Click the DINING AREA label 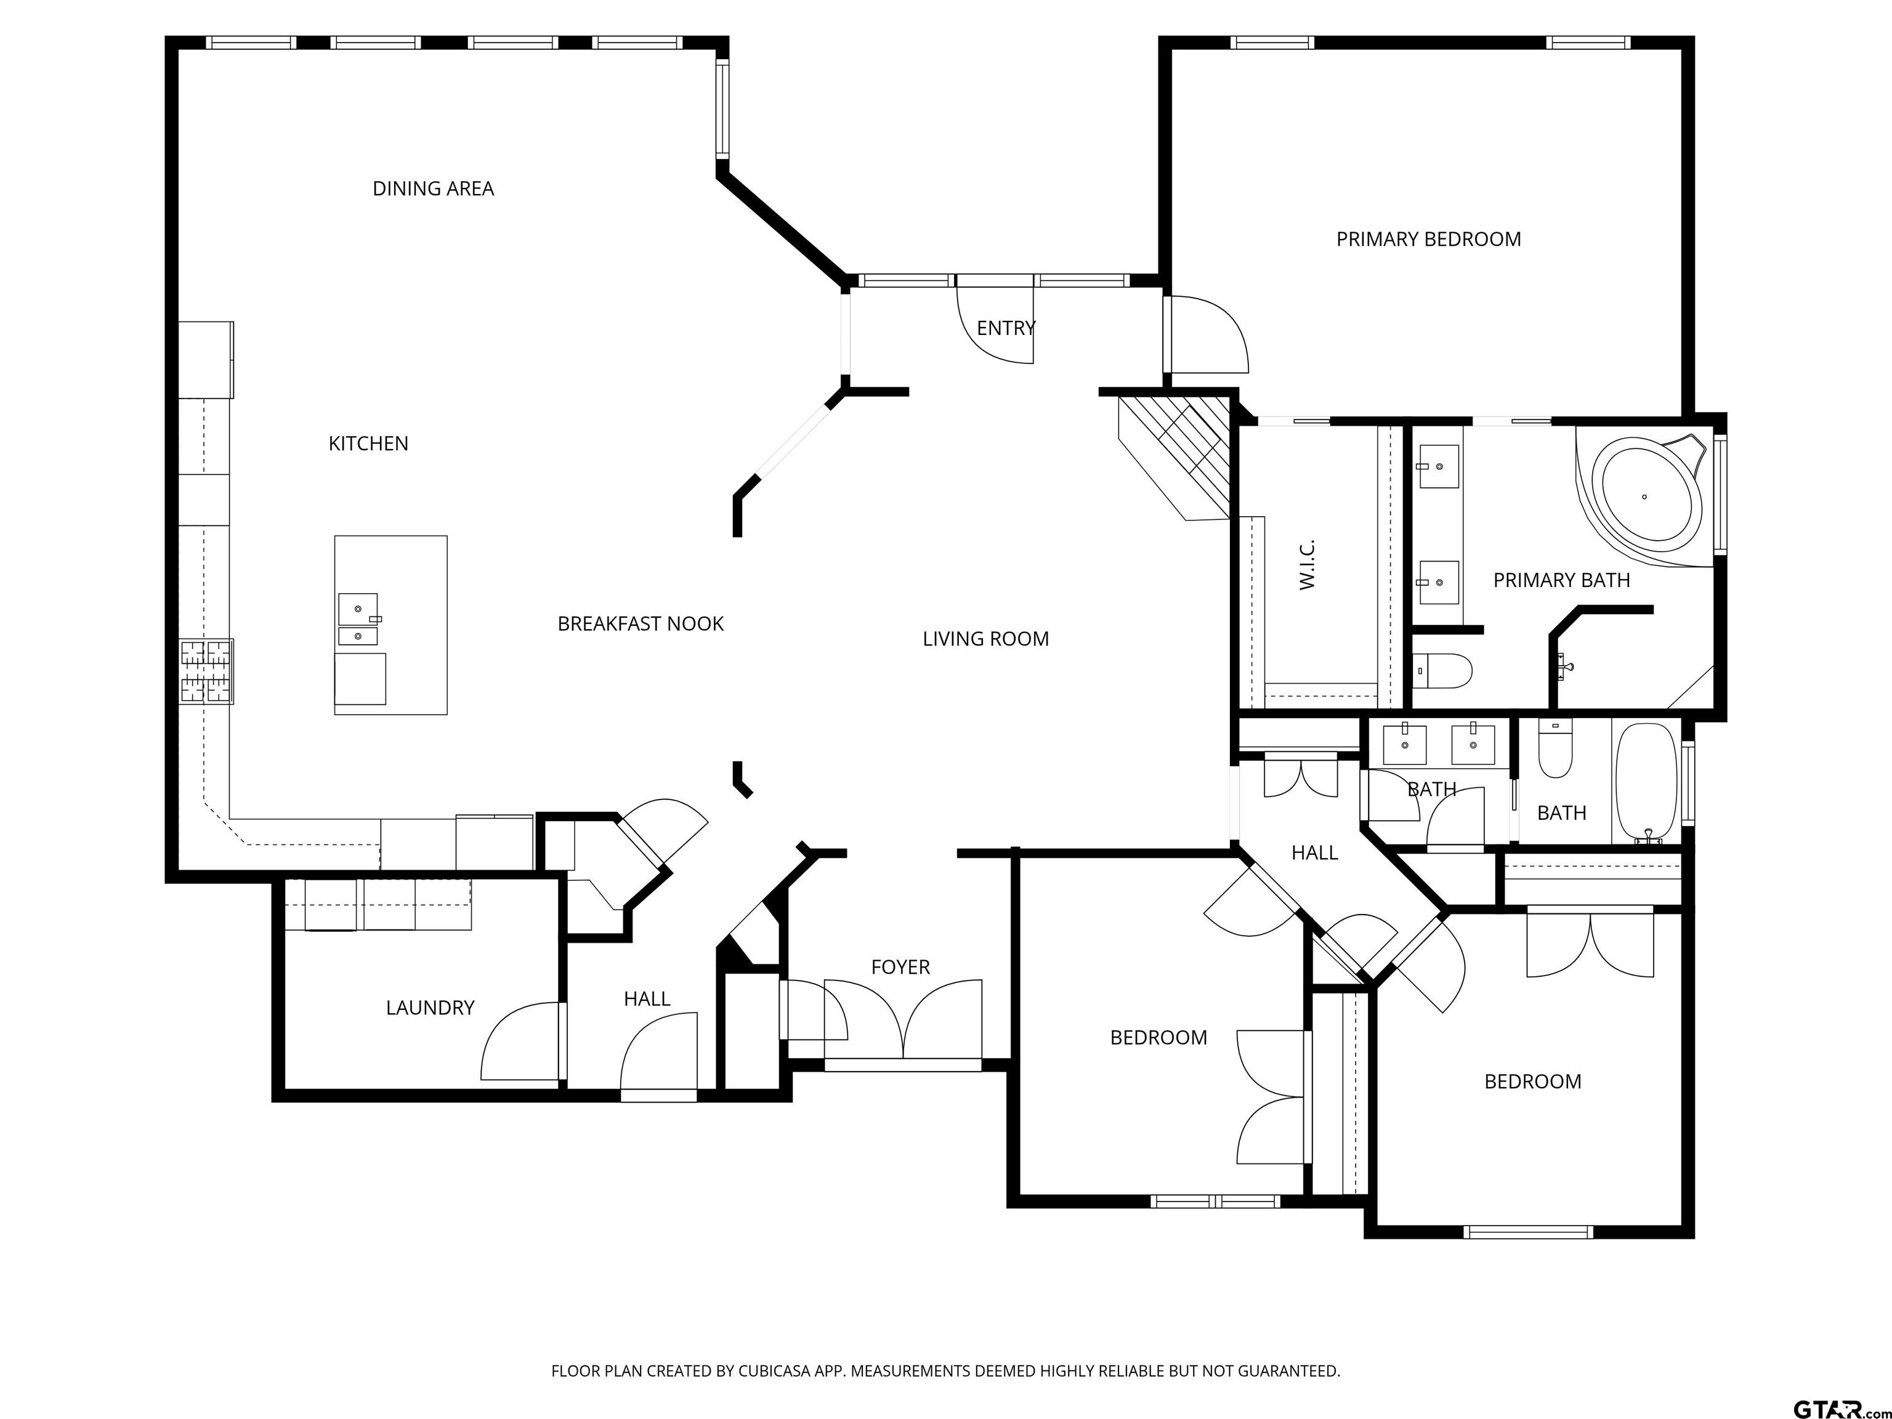click(433, 188)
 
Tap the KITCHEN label click(369, 443)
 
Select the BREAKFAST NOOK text click(641, 623)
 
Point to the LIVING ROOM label click(985, 638)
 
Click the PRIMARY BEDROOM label click(1428, 240)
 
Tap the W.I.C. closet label click(1306, 565)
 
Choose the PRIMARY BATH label click(1561, 580)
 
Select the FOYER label click(900, 966)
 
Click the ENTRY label click(1006, 328)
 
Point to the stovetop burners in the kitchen click(206, 671)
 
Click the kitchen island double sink click(358, 619)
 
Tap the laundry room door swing click(522, 1041)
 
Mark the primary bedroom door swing click(1206, 334)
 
